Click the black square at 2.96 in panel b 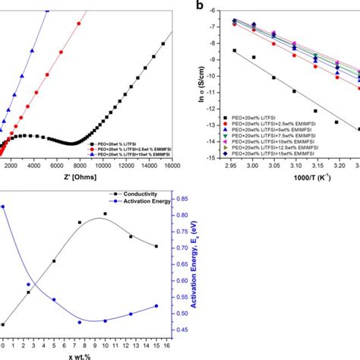coord(234,51)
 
